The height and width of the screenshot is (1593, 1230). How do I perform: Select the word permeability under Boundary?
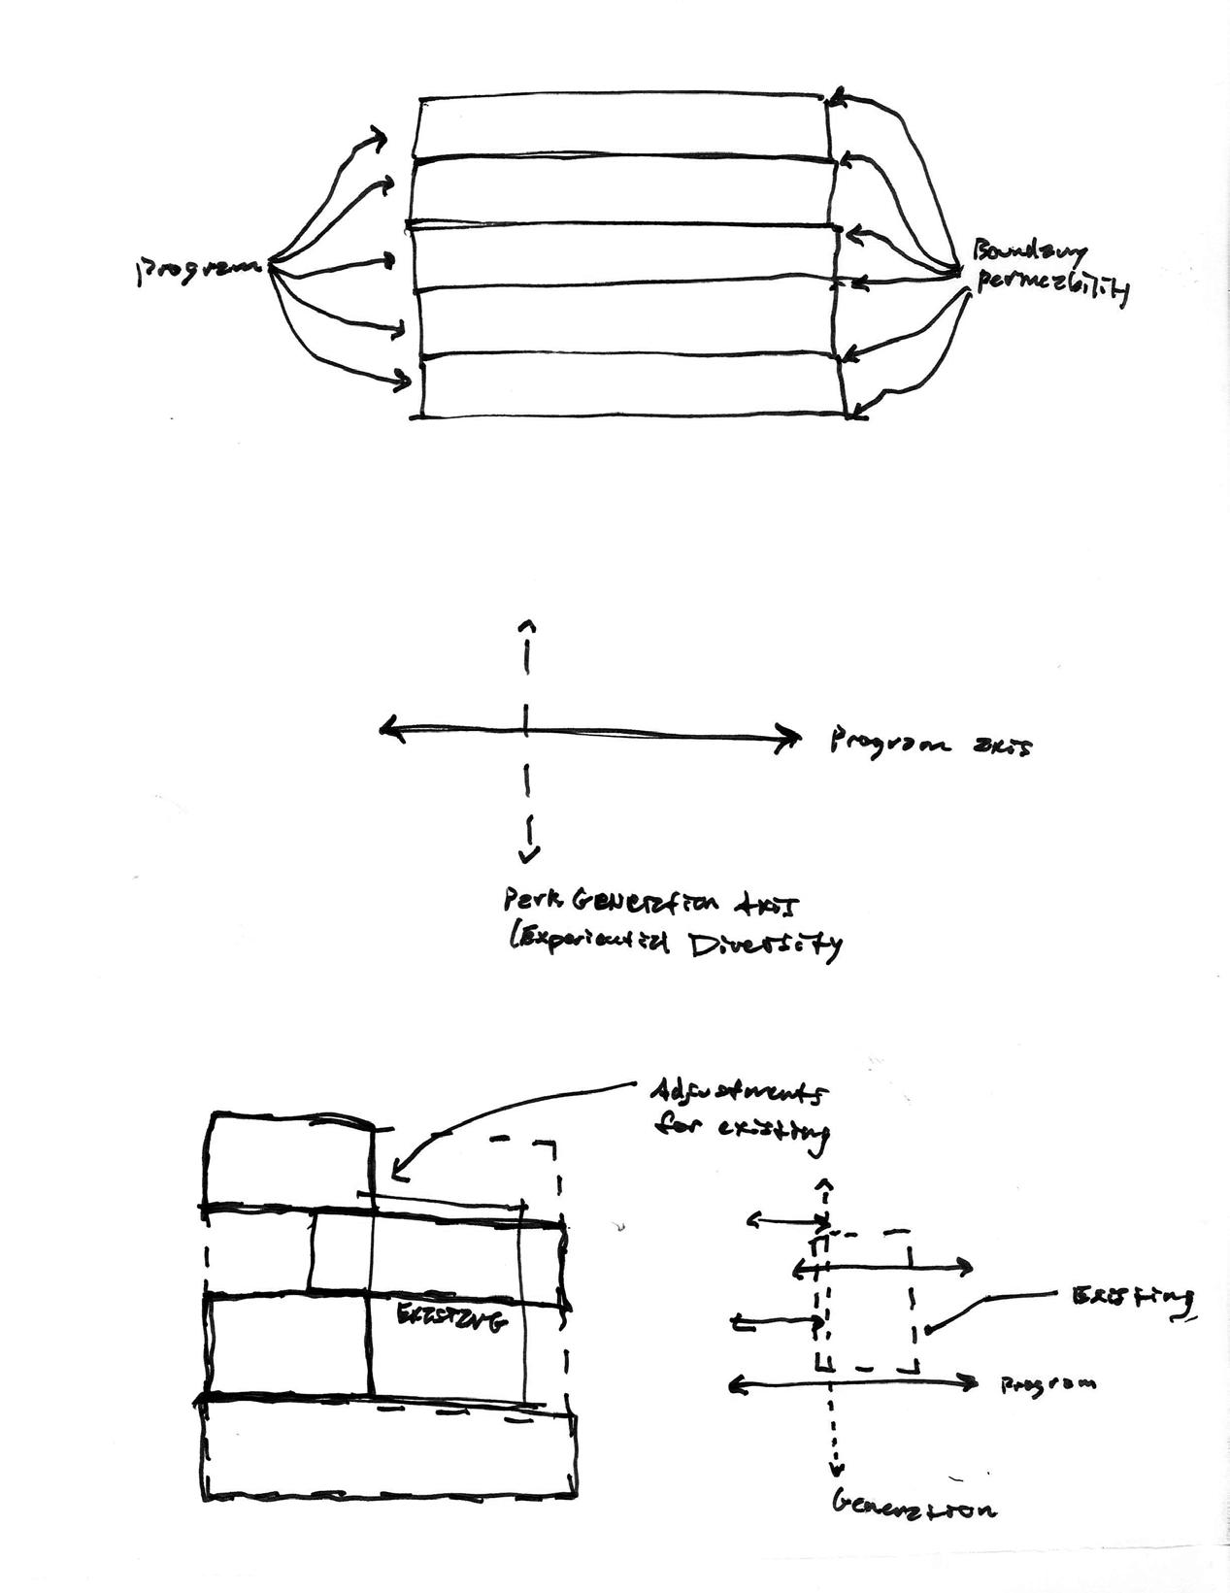tap(1048, 286)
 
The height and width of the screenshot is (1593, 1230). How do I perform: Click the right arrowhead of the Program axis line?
tap(792, 741)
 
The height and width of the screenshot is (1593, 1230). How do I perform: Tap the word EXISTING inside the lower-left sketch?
tap(452, 1318)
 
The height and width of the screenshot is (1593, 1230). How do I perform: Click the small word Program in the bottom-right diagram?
tap(1048, 1383)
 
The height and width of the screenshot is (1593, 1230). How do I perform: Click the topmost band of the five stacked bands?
tap(621, 125)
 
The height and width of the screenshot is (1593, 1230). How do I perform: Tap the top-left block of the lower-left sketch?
tap(290, 1161)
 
